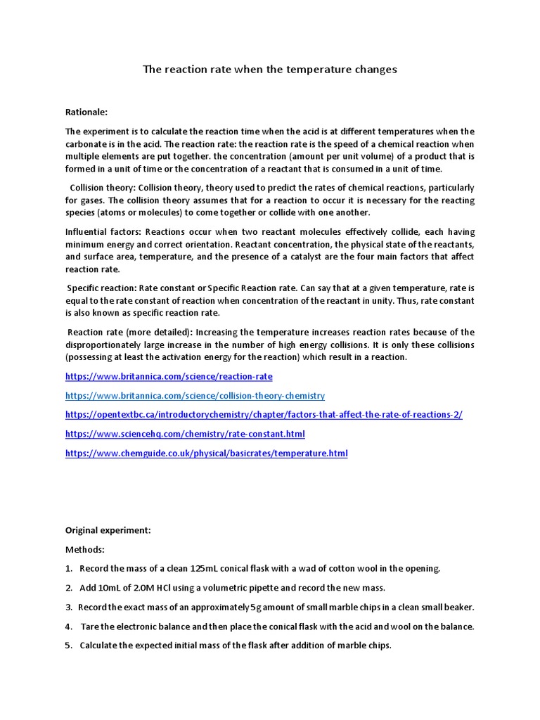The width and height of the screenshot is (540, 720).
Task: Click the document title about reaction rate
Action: (x=270, y=69)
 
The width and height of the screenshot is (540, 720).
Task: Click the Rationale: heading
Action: (x=86, y=111)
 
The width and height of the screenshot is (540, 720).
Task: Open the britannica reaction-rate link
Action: (x=169, y=377)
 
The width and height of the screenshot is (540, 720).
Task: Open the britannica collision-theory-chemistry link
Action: (x=195, y=396)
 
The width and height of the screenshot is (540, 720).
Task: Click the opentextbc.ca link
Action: (x=264, y=415)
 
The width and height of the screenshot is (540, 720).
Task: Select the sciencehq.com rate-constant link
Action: (x=185, y=434)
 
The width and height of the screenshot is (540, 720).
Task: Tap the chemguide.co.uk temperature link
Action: (x=206, y=454)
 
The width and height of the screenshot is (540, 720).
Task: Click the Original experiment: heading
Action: (x=108, y=530)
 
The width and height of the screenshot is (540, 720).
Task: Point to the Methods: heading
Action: (x=84, y=549)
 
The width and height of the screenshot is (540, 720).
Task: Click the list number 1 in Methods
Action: (x=69, y=568)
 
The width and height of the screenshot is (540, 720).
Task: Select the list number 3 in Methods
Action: (x=69, y=607)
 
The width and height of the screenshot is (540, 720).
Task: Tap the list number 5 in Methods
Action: (x=69, y=645)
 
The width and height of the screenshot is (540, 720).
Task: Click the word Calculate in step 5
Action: (x=100, y=645)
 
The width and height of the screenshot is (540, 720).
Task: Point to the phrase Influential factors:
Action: (x=99, y=231)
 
